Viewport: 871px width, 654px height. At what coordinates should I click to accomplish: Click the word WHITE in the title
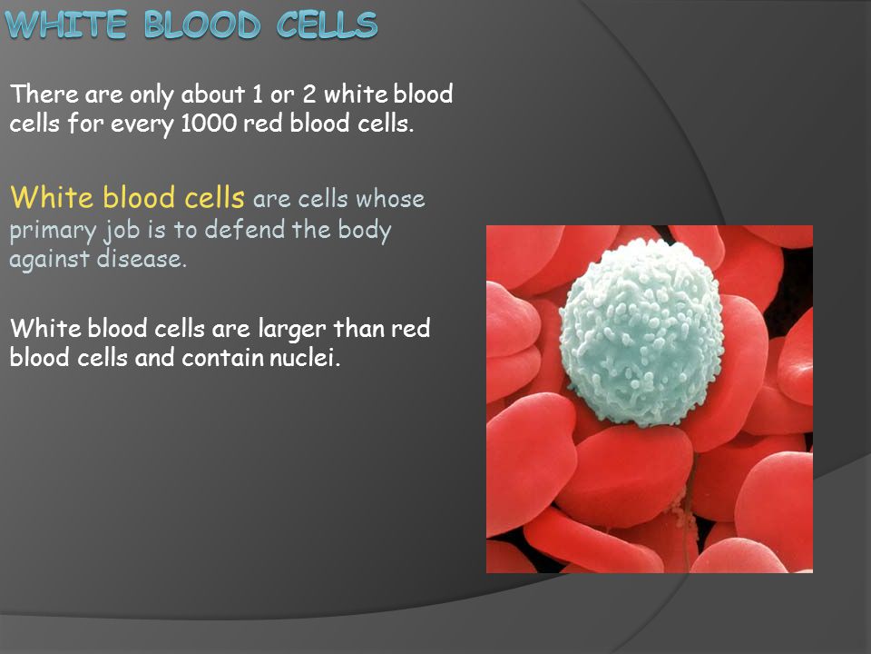pos(66,25)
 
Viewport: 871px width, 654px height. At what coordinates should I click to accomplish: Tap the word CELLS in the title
pos(328,25)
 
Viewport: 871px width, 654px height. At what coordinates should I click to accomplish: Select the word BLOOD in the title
pos(202,25)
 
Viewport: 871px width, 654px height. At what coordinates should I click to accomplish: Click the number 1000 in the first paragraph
pos(209,123)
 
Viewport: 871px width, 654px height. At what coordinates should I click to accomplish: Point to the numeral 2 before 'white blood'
pos(309,94)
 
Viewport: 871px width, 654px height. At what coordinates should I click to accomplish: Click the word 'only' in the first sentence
pos(152,95)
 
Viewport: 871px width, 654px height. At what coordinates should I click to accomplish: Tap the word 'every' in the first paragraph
pos(142,125)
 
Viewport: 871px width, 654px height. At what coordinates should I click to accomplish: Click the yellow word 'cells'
pos(214,197)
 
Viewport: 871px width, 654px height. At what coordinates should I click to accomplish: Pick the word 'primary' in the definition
pos(53,231)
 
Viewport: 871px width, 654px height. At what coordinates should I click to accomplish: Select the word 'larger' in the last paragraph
pos(292,329)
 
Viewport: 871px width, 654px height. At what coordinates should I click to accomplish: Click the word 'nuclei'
pos(305,357)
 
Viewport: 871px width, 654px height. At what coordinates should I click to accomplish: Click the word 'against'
pos(49,260)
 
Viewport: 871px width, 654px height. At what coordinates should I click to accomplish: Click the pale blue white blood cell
pos(641,332)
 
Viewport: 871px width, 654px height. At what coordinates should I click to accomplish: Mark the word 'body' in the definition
pos(365,231)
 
